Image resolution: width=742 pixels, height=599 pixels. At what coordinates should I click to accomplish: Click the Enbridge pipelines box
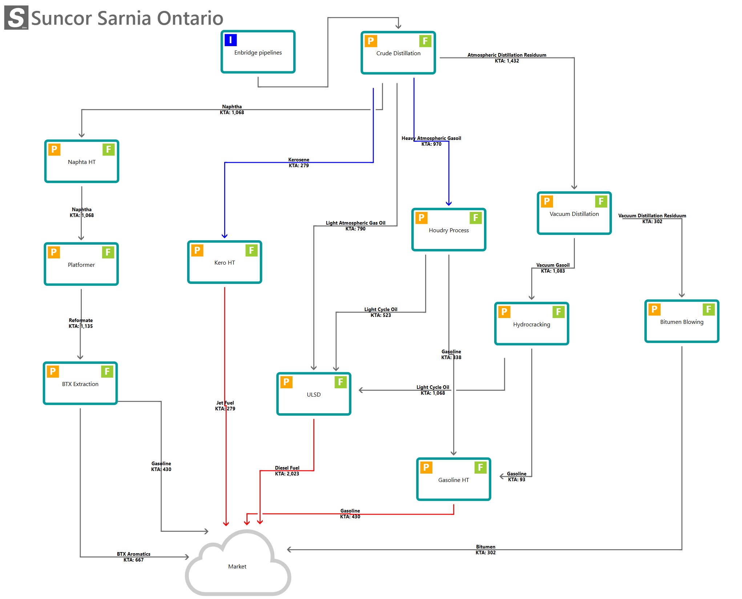[x=258, y=52]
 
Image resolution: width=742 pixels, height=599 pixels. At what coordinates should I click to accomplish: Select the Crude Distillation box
[x=398, y=53]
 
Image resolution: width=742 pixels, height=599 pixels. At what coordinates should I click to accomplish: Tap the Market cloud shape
[x=238, y=563]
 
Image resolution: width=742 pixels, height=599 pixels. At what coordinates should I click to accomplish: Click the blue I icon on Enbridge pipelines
[x=230, y=40]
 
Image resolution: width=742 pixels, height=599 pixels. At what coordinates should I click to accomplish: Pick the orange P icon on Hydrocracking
[x=504, y=312]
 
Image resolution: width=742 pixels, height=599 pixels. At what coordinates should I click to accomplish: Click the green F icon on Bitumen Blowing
[x=708, y=309]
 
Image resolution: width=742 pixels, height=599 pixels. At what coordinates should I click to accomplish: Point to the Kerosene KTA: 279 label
[x=299, y=162]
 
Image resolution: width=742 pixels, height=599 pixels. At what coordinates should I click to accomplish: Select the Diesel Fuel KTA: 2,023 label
[x=287, y=471]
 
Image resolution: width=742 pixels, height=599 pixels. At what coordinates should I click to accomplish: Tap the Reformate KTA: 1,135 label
[x=81, y=323]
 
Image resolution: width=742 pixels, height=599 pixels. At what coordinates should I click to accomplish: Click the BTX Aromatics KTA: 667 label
[x=133, y=557]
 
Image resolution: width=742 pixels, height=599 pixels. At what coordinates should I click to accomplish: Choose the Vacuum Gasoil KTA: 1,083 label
[x=553, y=268]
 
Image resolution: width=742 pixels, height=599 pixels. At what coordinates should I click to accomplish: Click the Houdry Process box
[x=448, y=230]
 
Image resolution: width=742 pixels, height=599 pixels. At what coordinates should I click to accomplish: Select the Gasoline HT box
[x=453, y=479]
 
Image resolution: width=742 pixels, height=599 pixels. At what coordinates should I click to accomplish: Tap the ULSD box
[x=313, y=394]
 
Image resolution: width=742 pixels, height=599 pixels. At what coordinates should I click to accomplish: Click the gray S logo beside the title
[x=16, y=17]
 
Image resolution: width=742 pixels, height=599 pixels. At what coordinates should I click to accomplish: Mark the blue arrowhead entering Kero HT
[x=225, y=236]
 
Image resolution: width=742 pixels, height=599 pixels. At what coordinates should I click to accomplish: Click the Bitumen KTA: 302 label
[x=485, y=550]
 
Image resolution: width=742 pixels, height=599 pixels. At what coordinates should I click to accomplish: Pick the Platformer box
[x=81, y=264]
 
